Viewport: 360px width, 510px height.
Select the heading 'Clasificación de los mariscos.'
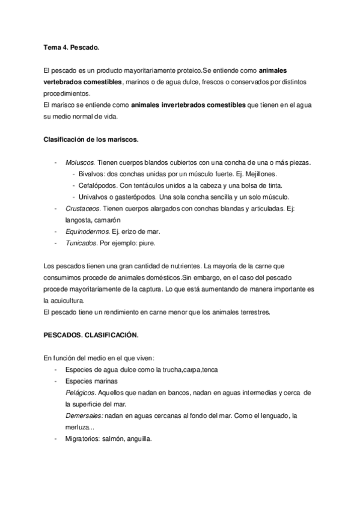tap(91, 140)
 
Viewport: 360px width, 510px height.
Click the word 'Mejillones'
tap(258, 174)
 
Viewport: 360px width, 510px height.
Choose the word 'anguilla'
tap(139, 438)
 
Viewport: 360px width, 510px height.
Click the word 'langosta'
tap(78, 220)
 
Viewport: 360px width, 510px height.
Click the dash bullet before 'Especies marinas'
tap(56, 381)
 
